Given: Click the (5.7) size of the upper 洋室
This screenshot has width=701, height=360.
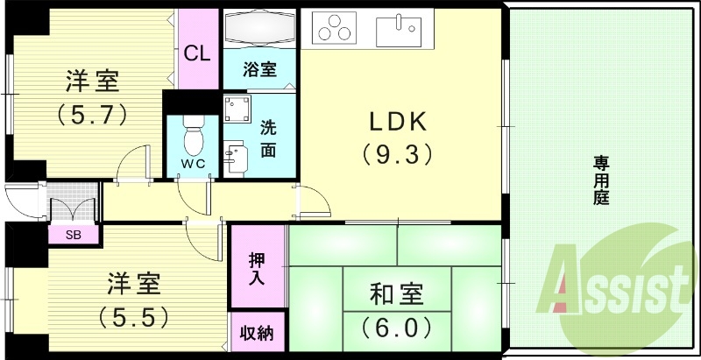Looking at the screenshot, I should tap(93, 113).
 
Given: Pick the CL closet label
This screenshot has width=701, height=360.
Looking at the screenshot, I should tap(197, 53).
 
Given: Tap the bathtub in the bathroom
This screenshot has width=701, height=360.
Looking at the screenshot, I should tap(260, 30).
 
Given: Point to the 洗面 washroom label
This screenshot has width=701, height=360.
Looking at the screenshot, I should tap(269, 138).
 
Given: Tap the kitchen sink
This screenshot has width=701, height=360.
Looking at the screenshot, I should tap(399, 31).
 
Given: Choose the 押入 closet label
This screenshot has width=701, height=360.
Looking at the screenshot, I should tap(257, 267).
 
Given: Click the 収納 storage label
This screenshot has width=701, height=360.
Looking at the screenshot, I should tap(257, 334).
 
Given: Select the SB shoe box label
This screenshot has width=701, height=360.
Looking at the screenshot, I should tap(73, 235).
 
